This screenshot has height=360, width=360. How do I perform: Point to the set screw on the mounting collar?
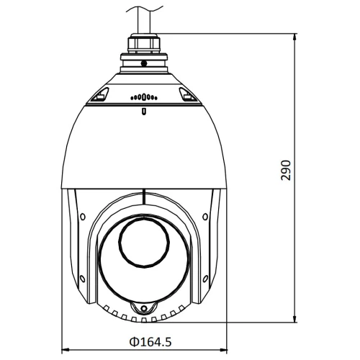(x=144, y=64)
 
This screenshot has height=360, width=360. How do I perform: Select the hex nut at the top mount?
(x=144, y=44)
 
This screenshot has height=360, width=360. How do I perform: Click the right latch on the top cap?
(x=188, y=94)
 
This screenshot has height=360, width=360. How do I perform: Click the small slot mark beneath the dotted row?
(x=144, y=111)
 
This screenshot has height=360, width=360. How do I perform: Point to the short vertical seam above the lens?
(x=144, y=199)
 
